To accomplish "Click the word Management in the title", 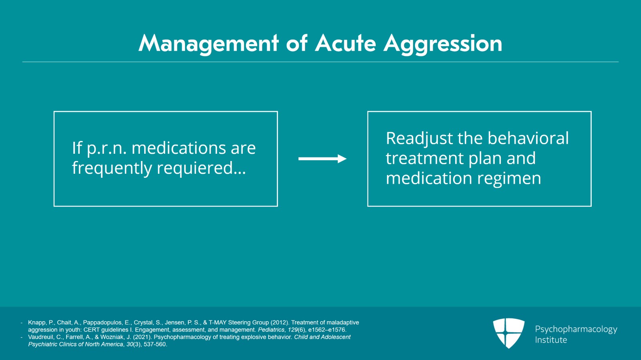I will [208, 43].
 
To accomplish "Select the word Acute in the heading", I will [345, 43].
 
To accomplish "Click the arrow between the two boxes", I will [322, 159].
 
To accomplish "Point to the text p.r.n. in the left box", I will [107, 148].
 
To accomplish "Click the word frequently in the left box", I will [112, 168].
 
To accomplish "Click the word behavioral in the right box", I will [528, 139].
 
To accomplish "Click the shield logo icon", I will [508, 333].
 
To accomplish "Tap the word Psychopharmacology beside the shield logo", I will [576, 329].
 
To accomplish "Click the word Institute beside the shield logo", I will [551, 340].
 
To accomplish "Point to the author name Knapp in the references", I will [36, 322].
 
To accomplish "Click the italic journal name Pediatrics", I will [271, 330].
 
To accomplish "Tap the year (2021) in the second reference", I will [142, 337].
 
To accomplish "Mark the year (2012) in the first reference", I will [280, 322].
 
